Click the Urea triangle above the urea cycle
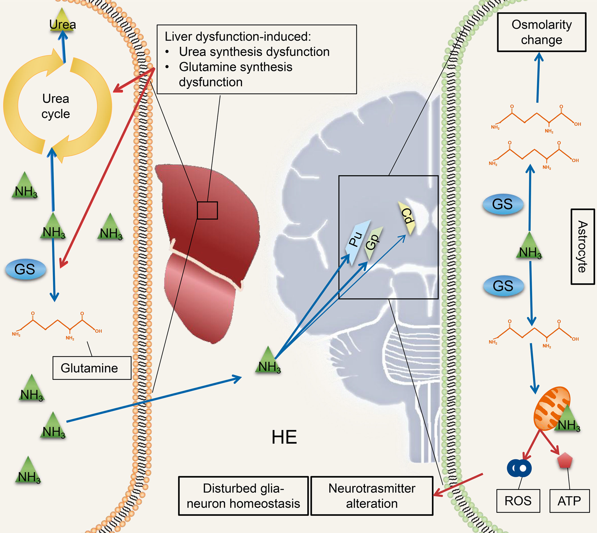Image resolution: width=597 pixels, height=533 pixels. [x=62, y=24]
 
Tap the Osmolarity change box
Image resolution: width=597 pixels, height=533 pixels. [x=541, y=32]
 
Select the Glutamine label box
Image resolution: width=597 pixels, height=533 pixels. [x=92, y=368]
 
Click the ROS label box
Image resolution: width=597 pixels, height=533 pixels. [x=518, y=501]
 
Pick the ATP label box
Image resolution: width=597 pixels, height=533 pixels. [x=569, y=501]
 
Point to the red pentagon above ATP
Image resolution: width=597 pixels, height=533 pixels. [x=565, y=461]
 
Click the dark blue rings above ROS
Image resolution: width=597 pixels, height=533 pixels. [x=519, y=468]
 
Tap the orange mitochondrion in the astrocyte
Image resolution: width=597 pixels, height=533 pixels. [x=551, y=409]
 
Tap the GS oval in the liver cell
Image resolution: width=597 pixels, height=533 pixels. [x=26, y=269]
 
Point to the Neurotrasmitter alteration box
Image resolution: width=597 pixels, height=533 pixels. [x=372, y=496]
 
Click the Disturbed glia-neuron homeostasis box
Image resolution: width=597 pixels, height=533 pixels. [x=243, y=496]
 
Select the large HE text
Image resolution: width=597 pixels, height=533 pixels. [x=284, y=437]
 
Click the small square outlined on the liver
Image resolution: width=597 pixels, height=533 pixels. [x=207, y=210]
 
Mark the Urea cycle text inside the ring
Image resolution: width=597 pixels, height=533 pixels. [x=56, y=106]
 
